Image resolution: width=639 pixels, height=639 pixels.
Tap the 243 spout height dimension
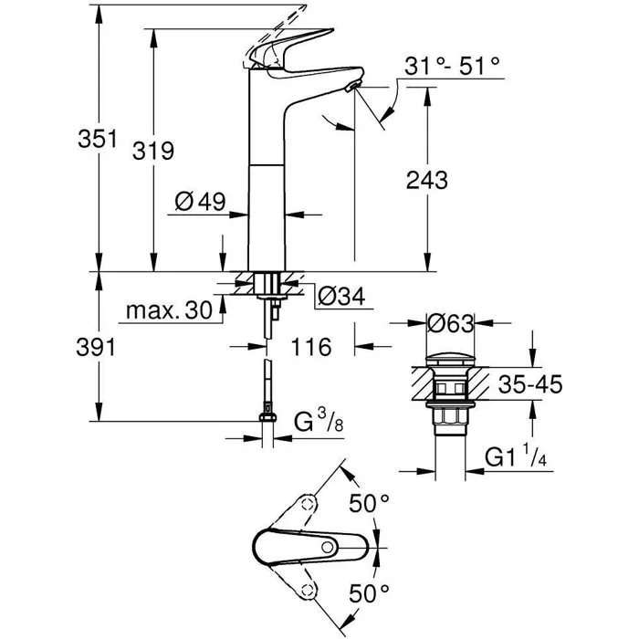(x=427, y=180)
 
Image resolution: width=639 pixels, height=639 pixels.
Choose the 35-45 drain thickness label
(x=530, y=384)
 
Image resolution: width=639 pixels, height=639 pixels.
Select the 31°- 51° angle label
(x=453, y=66)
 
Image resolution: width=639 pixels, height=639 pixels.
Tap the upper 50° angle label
(x=371, y=501)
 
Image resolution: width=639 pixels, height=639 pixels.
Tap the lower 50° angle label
(x=371, y=592)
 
